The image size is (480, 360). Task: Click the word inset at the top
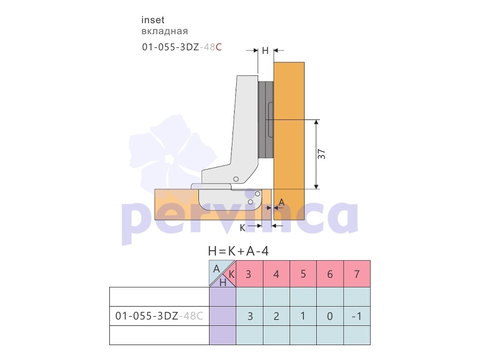[x=153, y=20]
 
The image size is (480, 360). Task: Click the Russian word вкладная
[x=165, y=31]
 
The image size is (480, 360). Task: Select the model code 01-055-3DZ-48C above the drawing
[x=182, y=47]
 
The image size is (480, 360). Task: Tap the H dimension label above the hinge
[x=265, y=51]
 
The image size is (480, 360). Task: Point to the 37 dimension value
[x=322, y=154]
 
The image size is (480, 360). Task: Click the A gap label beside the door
[x=282, y=202]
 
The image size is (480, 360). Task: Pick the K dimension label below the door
[x=243, y=228]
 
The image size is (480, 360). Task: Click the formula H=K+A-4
[x=238, y=251]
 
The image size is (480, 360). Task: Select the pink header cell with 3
[x=250, y=274]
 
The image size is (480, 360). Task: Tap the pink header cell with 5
[x=303, y=274]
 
